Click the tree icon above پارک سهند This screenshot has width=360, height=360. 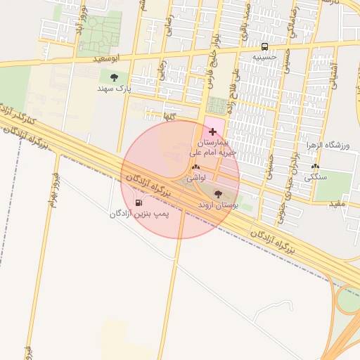click(115, 77)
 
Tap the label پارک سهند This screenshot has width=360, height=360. click(115, 89)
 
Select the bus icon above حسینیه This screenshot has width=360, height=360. click(264, 41)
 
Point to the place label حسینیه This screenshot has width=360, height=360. click(265, 53)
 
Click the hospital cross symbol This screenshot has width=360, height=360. click(213, 131)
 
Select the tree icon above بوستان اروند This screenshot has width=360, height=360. click(218, 193)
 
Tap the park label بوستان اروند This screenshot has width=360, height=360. click(219, 205)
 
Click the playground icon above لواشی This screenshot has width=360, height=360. click(195, 167)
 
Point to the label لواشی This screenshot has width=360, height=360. click(195, 179)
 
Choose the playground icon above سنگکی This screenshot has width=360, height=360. click(314, 167)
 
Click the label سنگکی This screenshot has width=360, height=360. click(316, 179)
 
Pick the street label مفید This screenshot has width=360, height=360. click(338, 203)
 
